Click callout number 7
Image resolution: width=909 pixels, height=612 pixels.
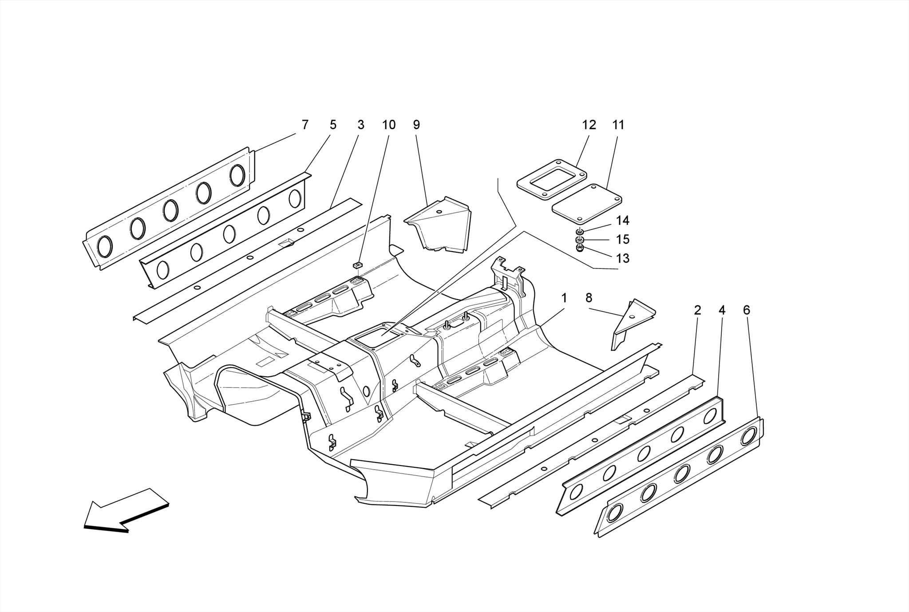305,125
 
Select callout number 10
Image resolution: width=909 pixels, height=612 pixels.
389,125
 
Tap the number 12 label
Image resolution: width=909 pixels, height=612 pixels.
589,125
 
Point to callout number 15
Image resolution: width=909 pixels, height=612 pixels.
623,240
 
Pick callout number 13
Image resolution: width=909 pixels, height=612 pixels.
623,258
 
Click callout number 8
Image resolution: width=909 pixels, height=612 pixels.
589,298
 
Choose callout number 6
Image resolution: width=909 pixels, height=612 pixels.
747,311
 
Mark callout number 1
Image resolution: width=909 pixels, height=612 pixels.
564,298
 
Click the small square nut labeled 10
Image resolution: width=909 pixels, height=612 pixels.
358,265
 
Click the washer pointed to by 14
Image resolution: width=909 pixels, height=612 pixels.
580,232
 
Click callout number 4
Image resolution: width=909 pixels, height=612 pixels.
722,311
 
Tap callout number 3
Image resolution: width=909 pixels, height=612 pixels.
361,125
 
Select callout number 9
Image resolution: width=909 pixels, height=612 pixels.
416,125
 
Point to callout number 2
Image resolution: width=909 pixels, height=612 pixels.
697,311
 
